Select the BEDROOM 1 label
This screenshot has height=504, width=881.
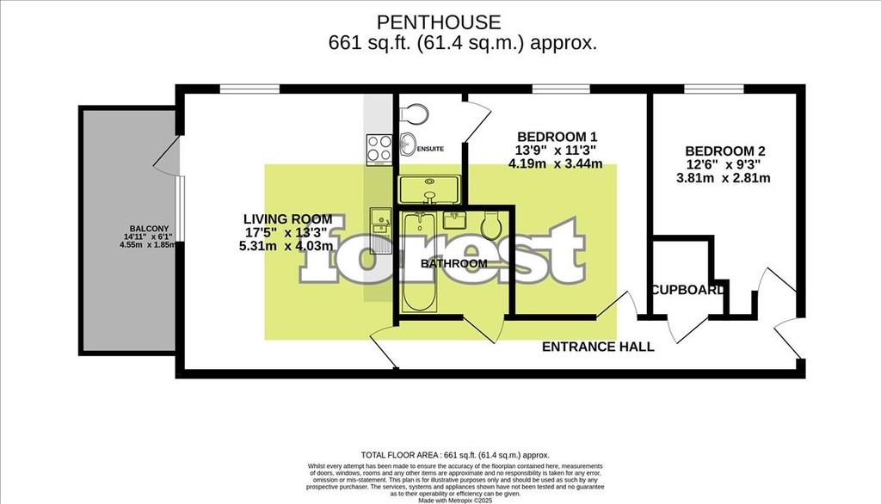tap(557, 137)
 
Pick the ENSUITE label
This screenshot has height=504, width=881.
tap(430, 149)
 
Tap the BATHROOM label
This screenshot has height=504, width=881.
tap(454, 263)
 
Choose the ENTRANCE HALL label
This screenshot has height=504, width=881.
tap(598, 347)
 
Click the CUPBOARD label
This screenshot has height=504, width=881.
tap(687, 290)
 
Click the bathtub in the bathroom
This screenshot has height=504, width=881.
tap(420, 262)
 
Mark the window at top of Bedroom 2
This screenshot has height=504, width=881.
tap(714, 88)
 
